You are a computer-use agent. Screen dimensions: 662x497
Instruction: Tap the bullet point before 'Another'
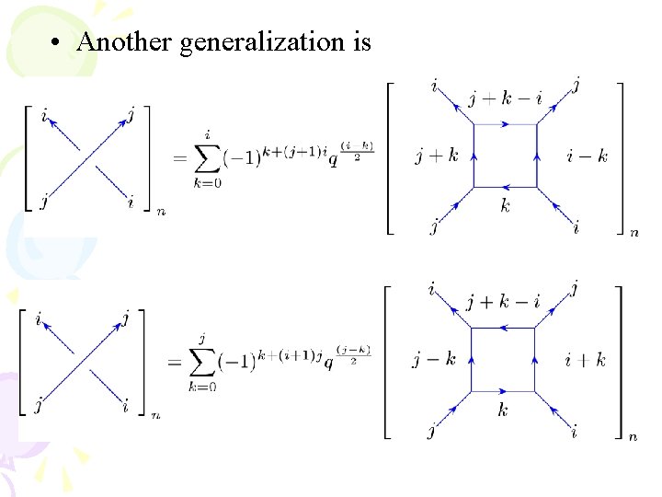click(58, 42)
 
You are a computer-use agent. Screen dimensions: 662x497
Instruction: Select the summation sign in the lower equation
click(202, 364)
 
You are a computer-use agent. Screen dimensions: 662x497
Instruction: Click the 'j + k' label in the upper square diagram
click(436, 156)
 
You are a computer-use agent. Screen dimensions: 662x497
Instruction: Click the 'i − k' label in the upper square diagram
click(588, 156)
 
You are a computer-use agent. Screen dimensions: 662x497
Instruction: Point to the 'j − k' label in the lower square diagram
click(434, 360)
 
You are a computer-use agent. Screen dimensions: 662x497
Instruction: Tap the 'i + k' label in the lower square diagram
click(586, 360)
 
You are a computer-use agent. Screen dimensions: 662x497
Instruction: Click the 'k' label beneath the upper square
click(505, 206)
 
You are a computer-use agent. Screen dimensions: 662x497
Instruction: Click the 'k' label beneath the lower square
click(503, 410)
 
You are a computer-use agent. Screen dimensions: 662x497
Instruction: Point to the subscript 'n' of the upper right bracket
click(634, 234)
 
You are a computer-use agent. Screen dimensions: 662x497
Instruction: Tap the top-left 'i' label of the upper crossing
click(45, 115)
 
